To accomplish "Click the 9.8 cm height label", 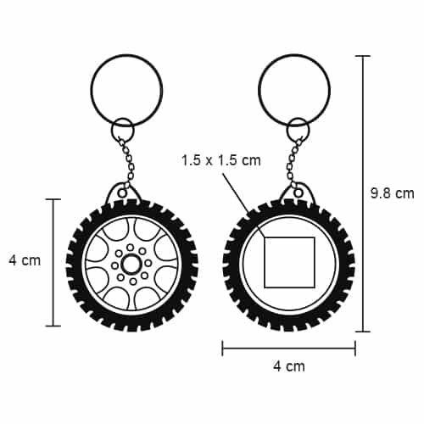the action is pyautogui.click(x=393, y=193).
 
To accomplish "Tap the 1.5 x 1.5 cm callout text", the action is pyautogui.click(x=220, y=160).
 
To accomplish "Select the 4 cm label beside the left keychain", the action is pyautogui.click(x=25, y=260).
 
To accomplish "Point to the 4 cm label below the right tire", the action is pyautogui.click(x=289, y=366).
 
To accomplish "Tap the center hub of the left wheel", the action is pyautogui.click(x=131, y=264).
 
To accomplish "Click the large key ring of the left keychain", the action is pyautogui.click(x=126, y=54).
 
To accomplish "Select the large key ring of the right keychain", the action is pyautogui.click(x=294, y=54).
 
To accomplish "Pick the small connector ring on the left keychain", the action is pyautogui.click(x=123, y=118).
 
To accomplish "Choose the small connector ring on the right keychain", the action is pyautogui.click(x=298, y=118).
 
